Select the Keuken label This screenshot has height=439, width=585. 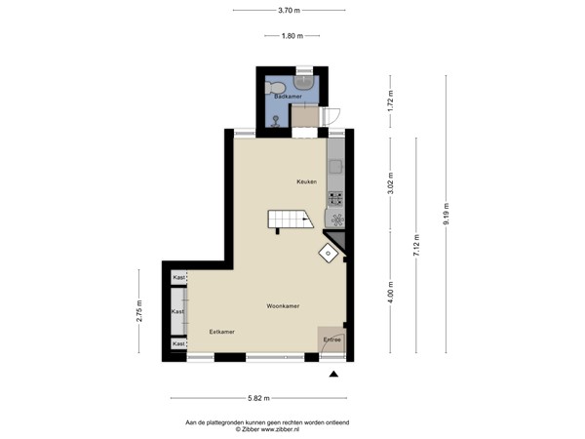tap(307, 182)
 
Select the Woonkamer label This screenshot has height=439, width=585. tap(283, 305)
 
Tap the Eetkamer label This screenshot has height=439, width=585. tap(221, 332)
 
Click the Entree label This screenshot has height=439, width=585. tap(332, 339)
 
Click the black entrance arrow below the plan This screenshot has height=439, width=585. tap(334, 375)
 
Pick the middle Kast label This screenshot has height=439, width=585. tap(178, 311)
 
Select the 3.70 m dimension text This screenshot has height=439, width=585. tap(289, 12)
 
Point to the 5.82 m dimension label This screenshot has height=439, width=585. tap(258, 398)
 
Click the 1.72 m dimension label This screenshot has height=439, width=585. tap(390, 99)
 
